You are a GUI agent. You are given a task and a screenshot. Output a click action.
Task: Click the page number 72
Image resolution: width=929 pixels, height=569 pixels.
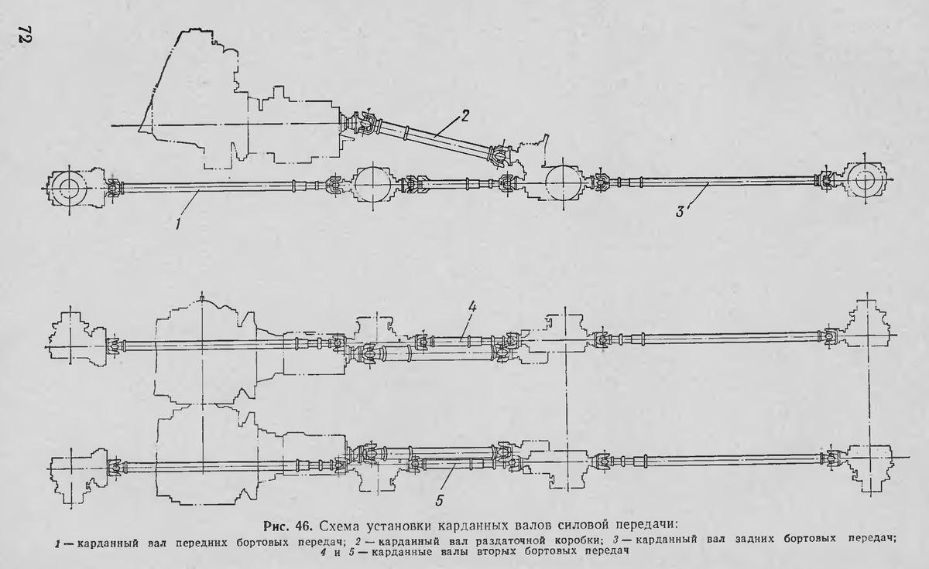pos(22,37)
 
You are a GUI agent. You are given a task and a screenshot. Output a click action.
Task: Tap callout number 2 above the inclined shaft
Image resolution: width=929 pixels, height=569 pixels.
pos(464,117)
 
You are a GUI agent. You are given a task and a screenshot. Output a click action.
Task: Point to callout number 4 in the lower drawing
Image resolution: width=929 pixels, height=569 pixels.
pos(471,308)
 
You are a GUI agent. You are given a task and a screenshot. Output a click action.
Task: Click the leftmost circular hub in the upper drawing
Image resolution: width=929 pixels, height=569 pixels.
pos(68,186)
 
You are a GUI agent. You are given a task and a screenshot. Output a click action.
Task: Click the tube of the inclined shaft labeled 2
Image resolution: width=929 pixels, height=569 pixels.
pos(434,139)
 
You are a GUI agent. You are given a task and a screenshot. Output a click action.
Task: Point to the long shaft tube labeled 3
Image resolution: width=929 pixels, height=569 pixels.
pos(720,181)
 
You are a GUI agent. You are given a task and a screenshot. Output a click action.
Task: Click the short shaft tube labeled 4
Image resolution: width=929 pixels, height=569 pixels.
pos(463,339)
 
